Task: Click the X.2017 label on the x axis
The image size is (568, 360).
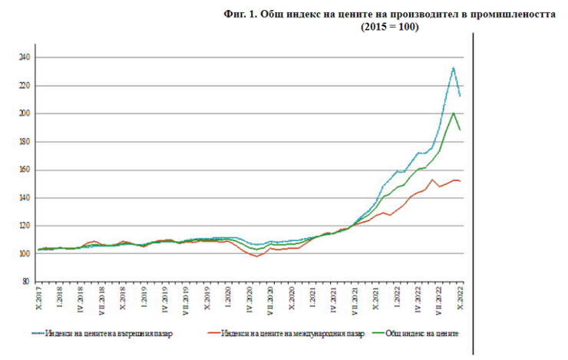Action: pyautogui.click(x=38, y=295)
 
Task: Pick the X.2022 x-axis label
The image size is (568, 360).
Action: pyautogui.click(x=461, y=295)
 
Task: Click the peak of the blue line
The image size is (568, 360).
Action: pyautogui.click(x=454, y=68)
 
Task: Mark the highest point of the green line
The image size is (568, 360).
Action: pyautogui.click(x=454, y=113)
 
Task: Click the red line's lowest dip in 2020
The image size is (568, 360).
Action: pyautogui.click(x=256, y=256)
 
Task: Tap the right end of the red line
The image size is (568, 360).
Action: pyautogui.click(x=461, y=181)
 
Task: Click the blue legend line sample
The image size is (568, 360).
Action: pyautogui.click(x=38, y=334)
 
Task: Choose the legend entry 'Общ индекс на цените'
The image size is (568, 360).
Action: pyautogui.click(x=421, y=334)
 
